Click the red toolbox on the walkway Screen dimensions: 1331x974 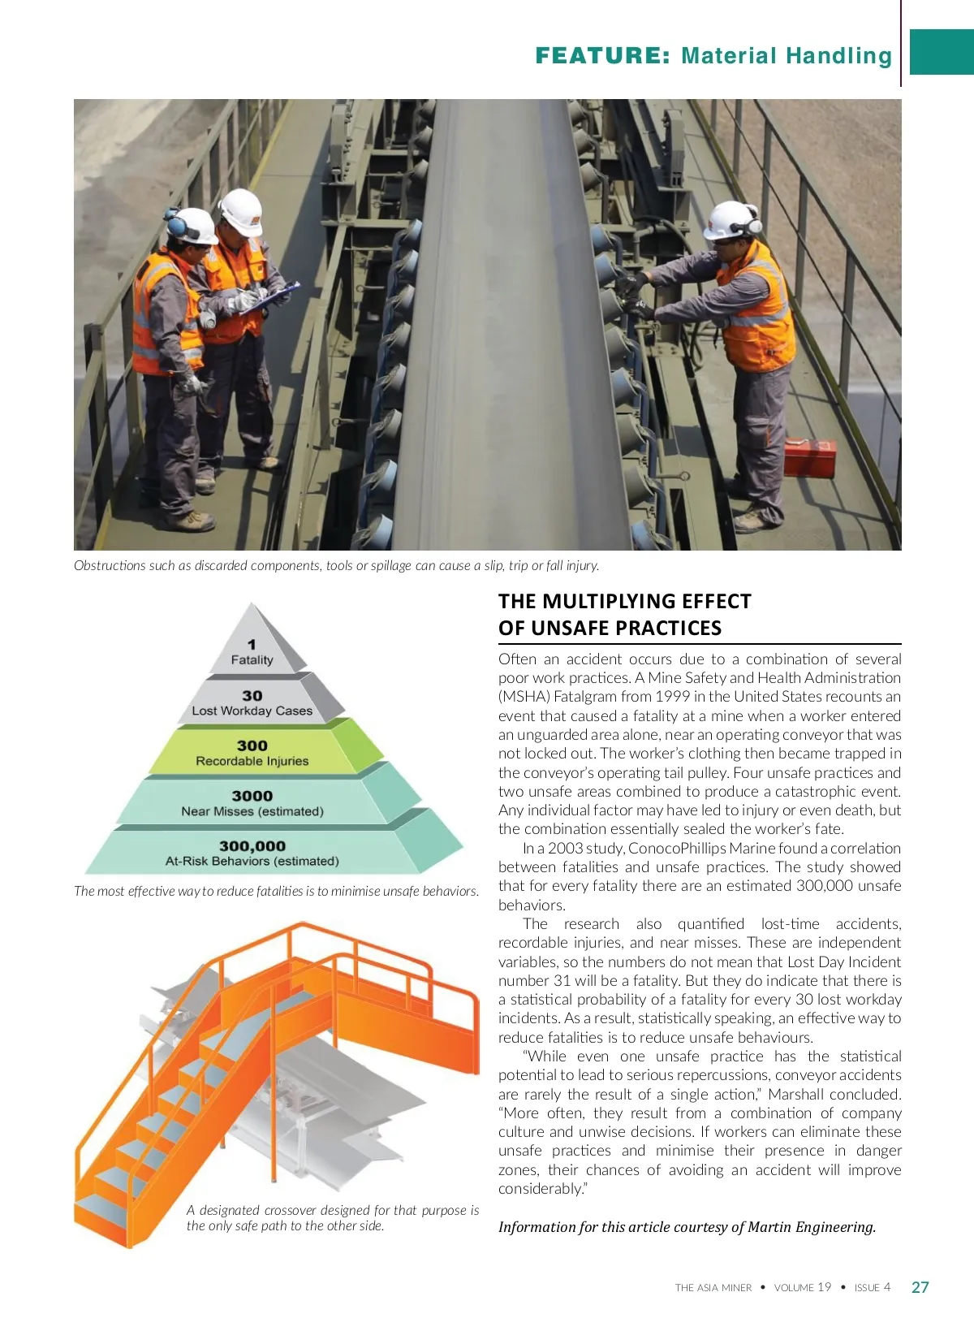[809, 457]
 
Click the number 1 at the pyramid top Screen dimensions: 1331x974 [252, 644]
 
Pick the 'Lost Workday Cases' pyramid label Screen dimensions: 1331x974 [252, 711]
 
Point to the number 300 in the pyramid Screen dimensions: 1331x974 [252, 745]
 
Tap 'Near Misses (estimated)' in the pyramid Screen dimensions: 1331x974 [252, 811]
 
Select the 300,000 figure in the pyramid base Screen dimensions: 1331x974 [252, 846]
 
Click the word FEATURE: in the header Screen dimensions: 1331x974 [602, 56]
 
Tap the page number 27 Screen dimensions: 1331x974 [920, 1287]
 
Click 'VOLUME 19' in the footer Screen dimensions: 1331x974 [802, 1287]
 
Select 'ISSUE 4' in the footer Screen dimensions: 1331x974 [872, 1287]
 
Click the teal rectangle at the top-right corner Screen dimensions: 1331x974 [942, 52]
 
